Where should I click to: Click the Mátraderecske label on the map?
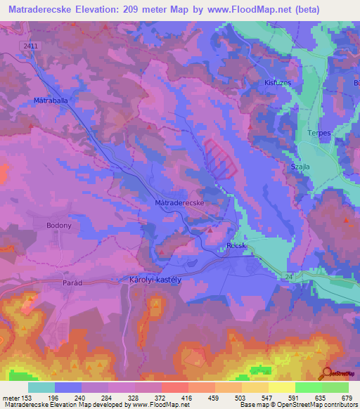pos(179,202)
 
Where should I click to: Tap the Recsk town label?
pos(235,246)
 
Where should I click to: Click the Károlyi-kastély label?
pos(156,279)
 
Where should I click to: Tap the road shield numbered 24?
pos(288,276)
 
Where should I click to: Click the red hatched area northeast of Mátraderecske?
pos(221,157)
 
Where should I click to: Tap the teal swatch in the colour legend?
pos(41,387)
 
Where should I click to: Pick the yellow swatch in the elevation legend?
pos(282,387)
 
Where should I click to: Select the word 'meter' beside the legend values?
pos(9,397)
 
